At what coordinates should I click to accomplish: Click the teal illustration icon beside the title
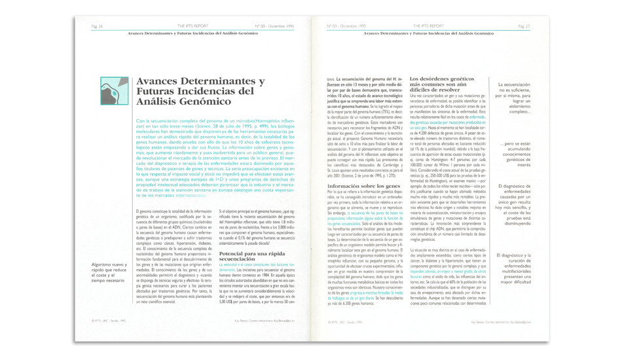(x=114, y=91)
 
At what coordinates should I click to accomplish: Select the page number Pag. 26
(x=97, y=26)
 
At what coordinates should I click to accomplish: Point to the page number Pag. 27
(x=524, y=26)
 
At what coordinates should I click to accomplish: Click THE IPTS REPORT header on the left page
(x=192, y=26)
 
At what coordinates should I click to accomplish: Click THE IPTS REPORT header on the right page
(x=428, y=26)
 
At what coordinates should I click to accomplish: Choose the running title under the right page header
(x=428, y=32)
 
